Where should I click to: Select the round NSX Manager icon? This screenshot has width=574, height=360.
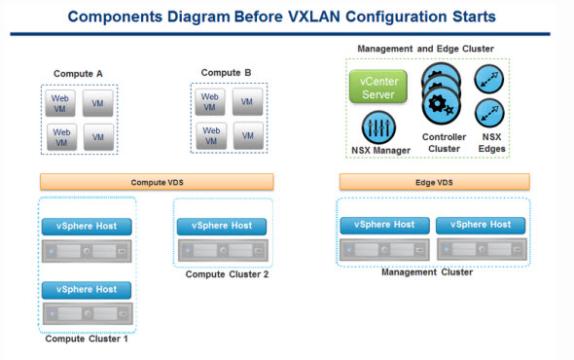pyautogui.click(x=377, y=127)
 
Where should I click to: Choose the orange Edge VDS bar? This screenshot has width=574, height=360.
pyautogui.click(x=434, y=182)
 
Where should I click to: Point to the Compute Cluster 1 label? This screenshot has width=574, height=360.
pyautogui.click(x=87, y=339)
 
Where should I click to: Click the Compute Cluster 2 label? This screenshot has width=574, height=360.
pyautogui.click(x=227, y=274)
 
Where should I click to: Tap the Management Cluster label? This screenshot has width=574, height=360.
pyautogui.click(x=427, y=272)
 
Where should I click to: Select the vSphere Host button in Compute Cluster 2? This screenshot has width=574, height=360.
pyautogui.click(x=222, y=226)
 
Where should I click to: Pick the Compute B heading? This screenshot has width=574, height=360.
pyautogui.click(x=226, y=72)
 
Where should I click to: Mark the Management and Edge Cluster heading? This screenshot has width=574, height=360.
pyautogui.click(x=426, y=48)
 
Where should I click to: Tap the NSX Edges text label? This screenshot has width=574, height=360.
pyautogui.click(x=491, y=143)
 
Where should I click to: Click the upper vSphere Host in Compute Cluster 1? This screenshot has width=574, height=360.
pyautogui.click(x=87, y=226)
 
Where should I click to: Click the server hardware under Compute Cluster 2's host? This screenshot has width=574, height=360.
pyautogui.click(x=222, y=250)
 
